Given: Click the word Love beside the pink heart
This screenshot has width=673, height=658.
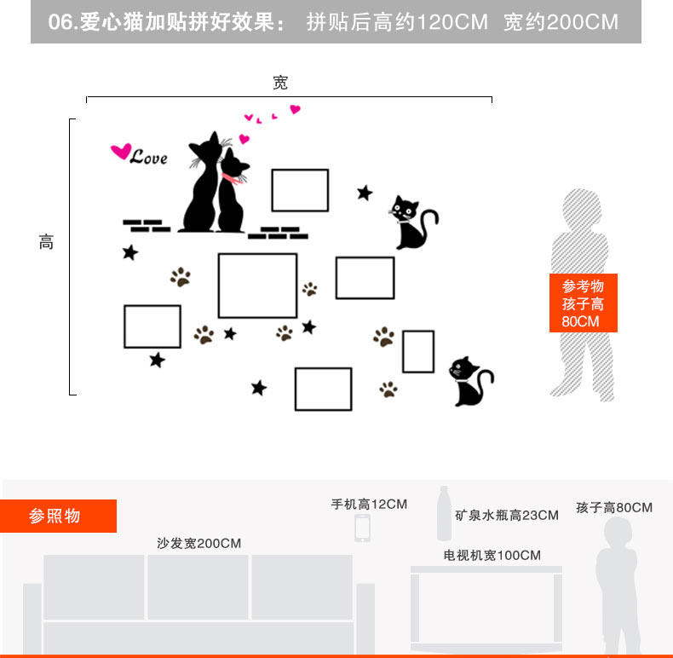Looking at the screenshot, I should click(149, 158).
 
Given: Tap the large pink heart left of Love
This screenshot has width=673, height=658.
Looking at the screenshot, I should click(120, 152).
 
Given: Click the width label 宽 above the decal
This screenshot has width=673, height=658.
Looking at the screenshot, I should click(280, 83).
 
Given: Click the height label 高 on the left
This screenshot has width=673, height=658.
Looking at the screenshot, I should click(46, 242).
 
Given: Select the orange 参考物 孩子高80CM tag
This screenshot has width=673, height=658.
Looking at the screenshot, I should click(583, 303).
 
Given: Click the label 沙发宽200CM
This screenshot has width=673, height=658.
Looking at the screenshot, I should click(198, 543).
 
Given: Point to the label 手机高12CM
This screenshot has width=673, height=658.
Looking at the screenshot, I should click(369, 504).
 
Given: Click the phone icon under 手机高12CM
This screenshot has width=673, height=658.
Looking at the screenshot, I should click(362, 528).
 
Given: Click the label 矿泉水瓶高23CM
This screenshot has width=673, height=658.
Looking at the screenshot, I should click(506, 515).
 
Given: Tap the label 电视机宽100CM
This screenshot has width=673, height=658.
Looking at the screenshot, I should click(492, 555).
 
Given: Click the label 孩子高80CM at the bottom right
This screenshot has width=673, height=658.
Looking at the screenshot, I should click(613, 507).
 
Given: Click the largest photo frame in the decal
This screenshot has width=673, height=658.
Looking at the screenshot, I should click(257, 286).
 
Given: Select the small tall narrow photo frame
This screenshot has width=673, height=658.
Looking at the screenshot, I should click(418, 351).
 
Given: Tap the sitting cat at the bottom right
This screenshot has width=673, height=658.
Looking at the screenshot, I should click(469, 381).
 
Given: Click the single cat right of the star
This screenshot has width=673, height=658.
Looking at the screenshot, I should click(412, 222).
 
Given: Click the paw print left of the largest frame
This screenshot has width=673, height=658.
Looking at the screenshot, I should click(181, 277).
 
